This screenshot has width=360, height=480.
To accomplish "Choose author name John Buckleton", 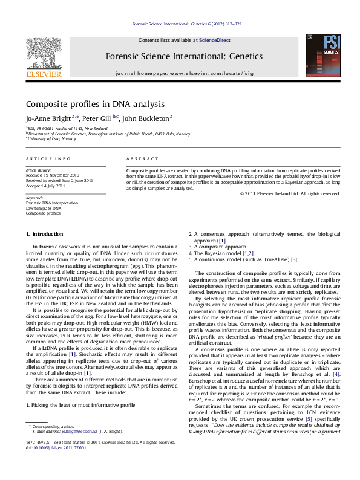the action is (145, 118).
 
